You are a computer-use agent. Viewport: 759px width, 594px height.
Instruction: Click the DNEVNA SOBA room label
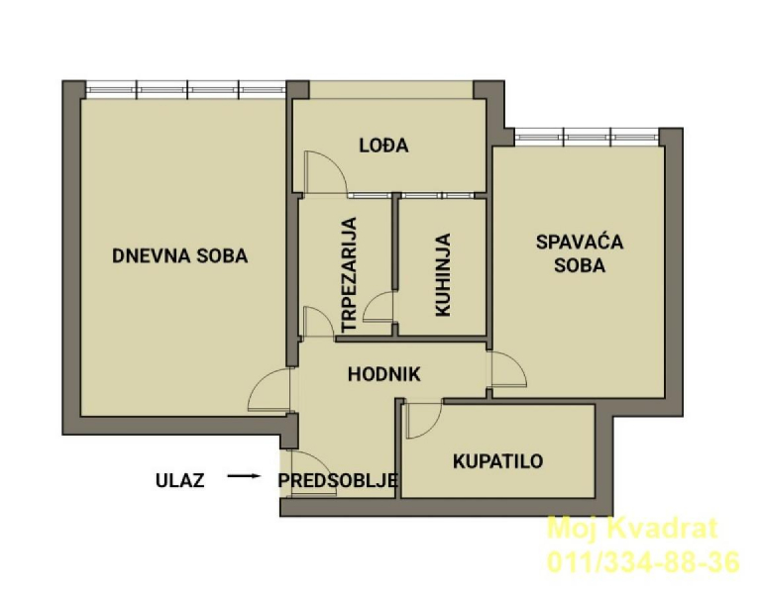coord(180,255)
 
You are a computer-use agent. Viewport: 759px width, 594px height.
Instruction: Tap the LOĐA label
coord(383,146)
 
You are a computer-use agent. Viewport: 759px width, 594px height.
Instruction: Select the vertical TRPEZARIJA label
coord(349,274)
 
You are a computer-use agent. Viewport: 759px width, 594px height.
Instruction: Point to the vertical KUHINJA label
coord(443,275)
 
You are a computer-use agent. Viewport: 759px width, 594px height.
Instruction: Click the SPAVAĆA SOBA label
coord(580,253)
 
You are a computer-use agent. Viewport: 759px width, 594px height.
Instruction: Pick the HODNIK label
coord(384,374)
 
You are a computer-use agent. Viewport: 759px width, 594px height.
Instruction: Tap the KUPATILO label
coord(498,461)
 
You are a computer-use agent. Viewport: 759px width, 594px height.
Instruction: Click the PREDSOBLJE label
coord(338,480)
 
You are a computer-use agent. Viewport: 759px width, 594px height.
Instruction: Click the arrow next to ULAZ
coord(245,476)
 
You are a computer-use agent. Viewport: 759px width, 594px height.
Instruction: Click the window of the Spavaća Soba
coord(587,137)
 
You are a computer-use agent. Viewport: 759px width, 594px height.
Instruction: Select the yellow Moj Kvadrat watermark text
coord(632,528)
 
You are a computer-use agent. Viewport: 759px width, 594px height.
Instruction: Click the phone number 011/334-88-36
coord(644,562)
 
